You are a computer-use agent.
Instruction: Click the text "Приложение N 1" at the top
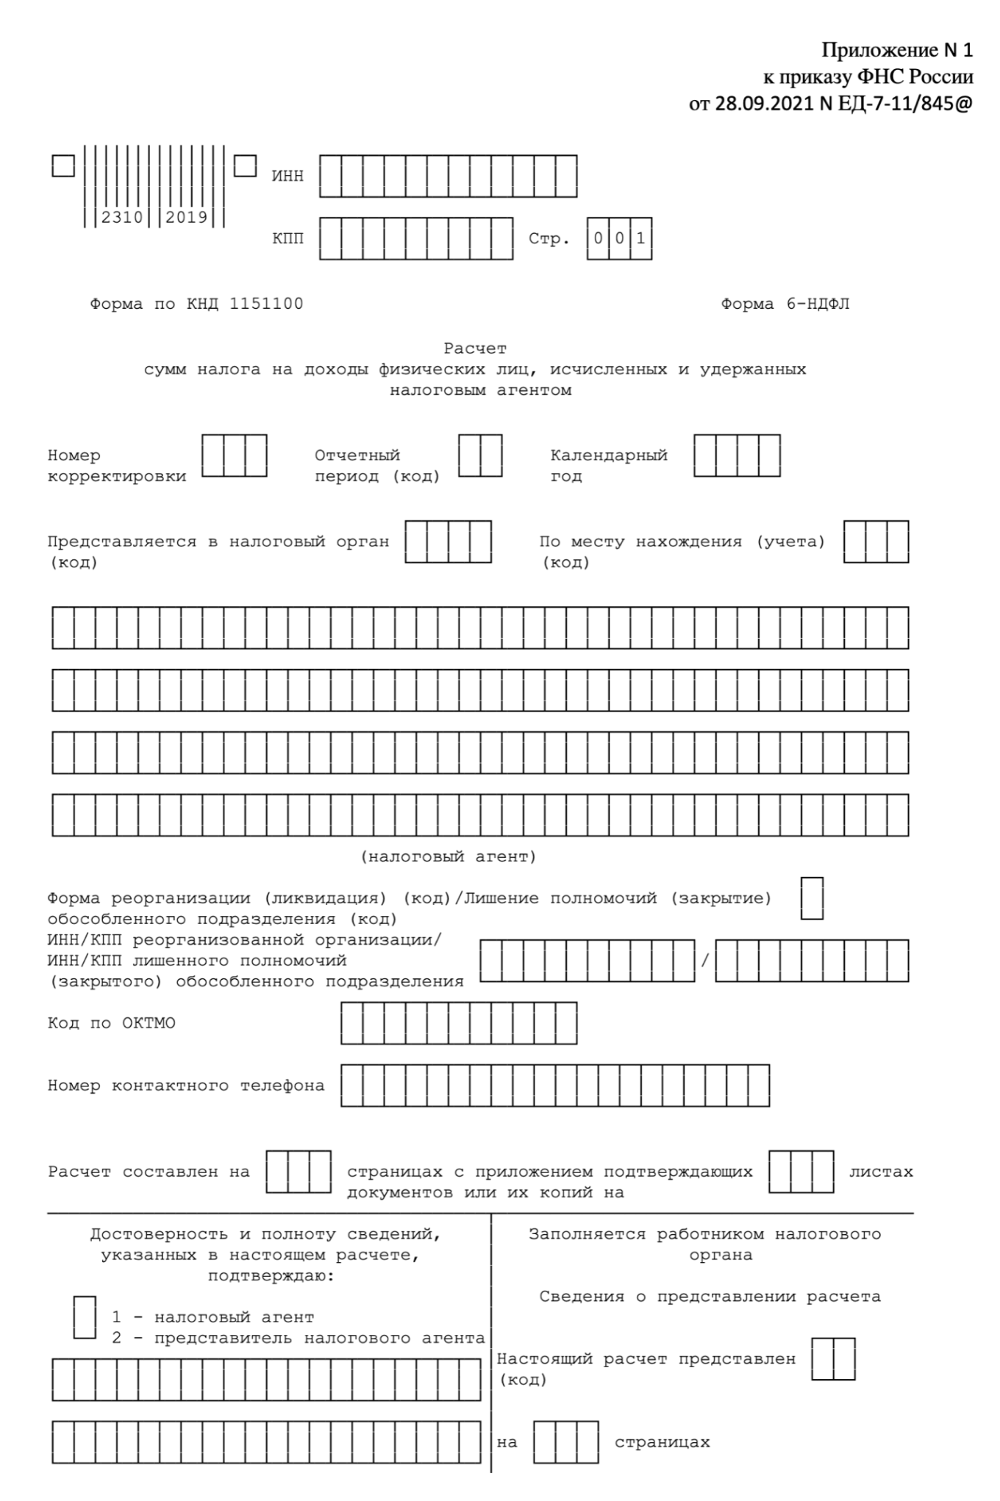click(x=896, y=50)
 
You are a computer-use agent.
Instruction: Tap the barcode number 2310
click(x=122, y=218)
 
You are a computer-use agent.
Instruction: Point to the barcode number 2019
click(x=186, y=218)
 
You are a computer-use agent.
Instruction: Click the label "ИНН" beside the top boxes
click(x=287, y=176)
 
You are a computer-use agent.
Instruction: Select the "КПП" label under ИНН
click(x=287, y=239)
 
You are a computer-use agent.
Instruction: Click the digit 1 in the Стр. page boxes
click(x=641, y=239)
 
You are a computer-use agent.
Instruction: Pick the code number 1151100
click(x=266, y=304)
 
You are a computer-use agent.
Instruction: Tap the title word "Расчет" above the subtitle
click(x=475, y=348)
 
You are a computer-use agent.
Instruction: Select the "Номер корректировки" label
click(x=116, y=466)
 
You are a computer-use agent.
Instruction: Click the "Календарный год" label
click(x=608, y=466)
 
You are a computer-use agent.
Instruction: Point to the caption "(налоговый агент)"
click(x=449, y=856)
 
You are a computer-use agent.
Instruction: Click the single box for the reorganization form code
click(x=812, y=898)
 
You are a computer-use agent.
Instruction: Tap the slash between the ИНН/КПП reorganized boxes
click(x=705, y=961)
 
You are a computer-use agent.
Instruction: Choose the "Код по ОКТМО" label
click(x=112, y=1023)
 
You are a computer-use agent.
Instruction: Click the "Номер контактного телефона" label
click(x=186, y=1086)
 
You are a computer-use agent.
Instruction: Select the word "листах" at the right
click(x=881, y=1172)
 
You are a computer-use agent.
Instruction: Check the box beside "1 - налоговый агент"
click(x=85, y=1317)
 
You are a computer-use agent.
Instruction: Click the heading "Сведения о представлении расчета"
click(x=710, y=1297)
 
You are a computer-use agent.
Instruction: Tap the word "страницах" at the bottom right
click(x=662, y=1442)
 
